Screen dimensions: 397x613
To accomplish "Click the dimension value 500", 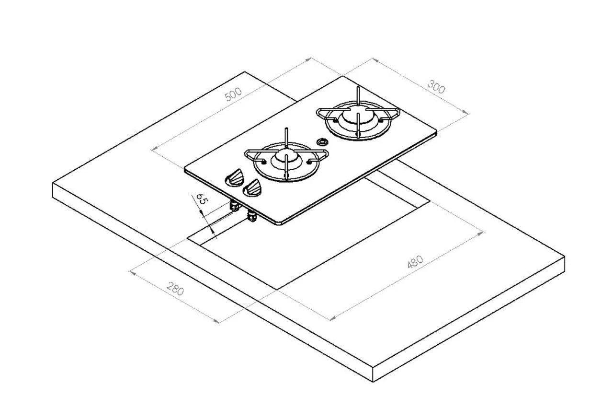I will point(233,94).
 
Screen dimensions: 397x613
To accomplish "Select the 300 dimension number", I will point(436,88).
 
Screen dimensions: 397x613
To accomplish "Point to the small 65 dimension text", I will point(200,199).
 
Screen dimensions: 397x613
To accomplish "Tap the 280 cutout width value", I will point(175,290).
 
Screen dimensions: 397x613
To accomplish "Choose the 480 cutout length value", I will point(415,262).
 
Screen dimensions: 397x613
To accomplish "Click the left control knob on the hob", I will point(234,177).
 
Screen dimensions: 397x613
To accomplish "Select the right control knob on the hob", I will point(252,188).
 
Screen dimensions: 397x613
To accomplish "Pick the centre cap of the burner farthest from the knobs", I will point(358,116).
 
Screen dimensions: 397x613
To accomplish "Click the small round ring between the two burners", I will point(322,142).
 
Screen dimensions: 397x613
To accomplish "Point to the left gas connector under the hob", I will point(235,206).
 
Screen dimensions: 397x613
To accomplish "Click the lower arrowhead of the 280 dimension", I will point(217,321).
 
